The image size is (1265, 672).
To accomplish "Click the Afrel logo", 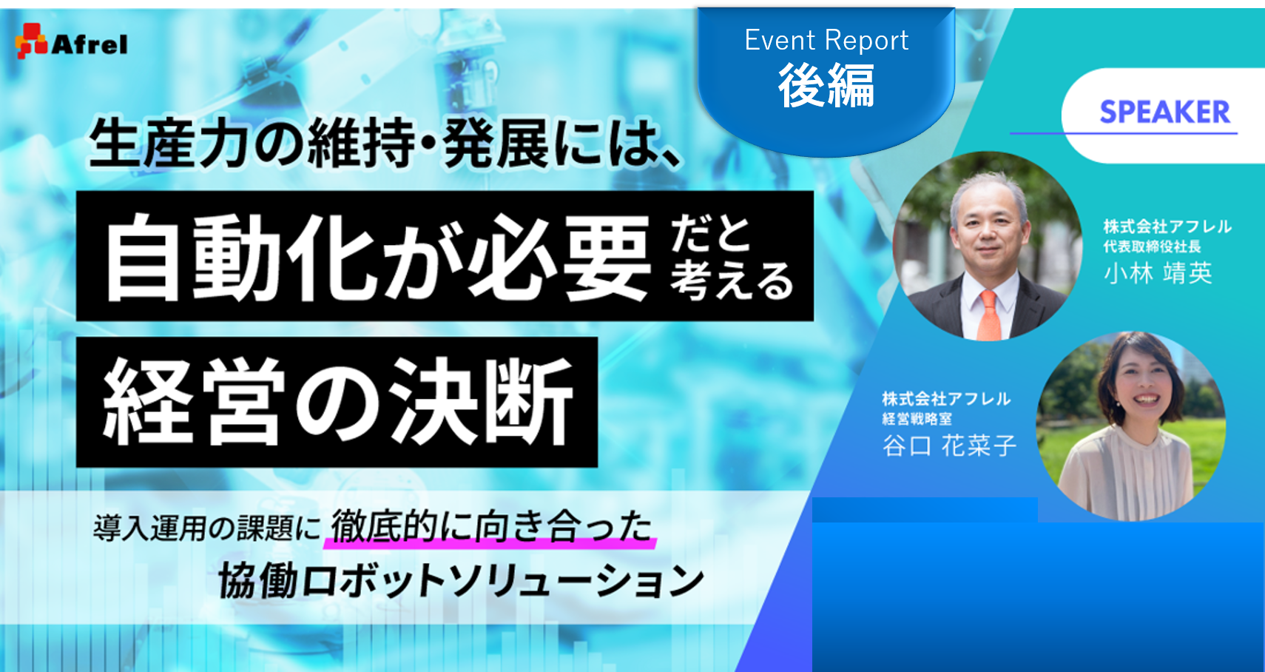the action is point(72,41).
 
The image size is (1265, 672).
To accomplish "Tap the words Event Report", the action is point(826,41).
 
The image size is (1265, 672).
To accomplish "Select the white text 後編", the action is point(826,86).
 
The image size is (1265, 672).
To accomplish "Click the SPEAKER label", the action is point(1164,112).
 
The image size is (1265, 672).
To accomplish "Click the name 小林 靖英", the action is point(1158,274).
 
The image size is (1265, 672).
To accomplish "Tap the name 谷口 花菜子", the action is point(949,446).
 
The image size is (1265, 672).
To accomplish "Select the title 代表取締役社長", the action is point(1152,246).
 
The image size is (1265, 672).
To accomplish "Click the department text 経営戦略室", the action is point(917,419).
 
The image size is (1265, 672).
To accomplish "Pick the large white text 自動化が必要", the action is point(377,259).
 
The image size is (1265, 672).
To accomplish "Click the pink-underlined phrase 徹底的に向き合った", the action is point(491,527).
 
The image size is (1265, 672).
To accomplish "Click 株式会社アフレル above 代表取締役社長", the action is point(1167,226).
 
